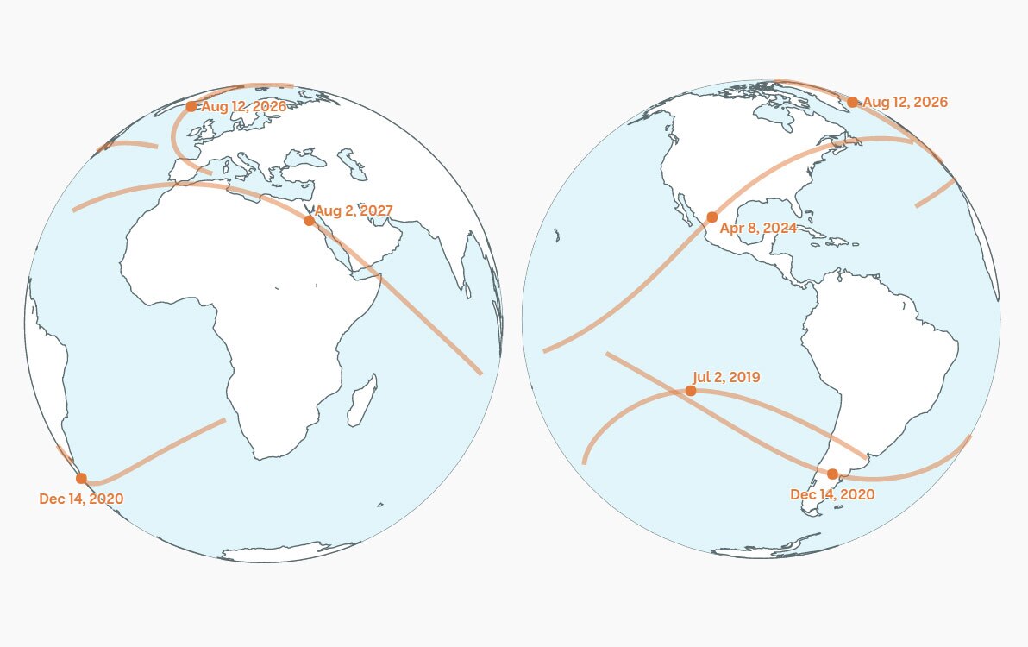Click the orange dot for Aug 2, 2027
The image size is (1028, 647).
tap(309, 220)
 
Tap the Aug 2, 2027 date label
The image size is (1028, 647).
tap(354, 210)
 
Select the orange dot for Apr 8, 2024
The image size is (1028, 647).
tap(711, 217)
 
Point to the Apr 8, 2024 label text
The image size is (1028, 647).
tap(758, 229)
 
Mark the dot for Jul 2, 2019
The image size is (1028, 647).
tap(691, 391)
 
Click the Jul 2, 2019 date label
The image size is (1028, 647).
tap(726, 377)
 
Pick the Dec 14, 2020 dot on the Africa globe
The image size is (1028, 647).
tap(81, 478)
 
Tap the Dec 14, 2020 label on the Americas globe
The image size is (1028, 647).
tap(832, 494)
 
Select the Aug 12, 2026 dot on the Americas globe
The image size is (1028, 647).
tap(852, 102)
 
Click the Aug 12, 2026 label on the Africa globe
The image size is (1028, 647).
tap(243, 106)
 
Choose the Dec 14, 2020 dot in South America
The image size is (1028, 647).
tap(831, 474)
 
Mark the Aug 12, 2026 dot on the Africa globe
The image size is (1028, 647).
tap(191, 106)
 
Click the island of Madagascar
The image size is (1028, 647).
tap(364, 399)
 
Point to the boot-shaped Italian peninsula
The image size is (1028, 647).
tap(250, 166)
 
